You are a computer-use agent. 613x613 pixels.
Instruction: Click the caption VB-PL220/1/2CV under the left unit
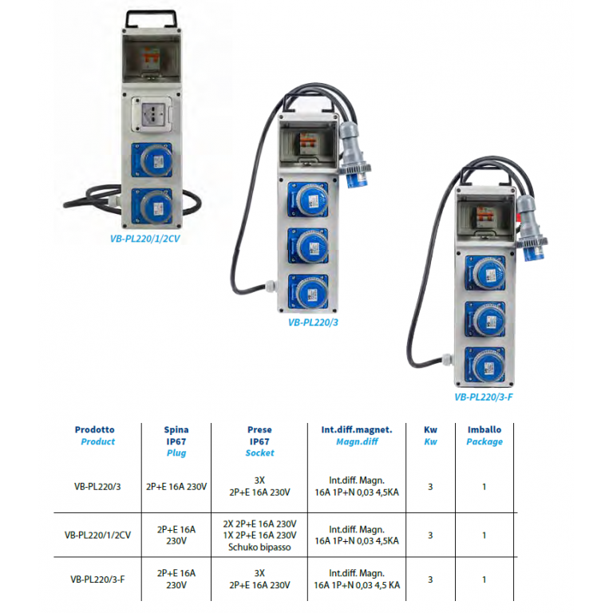[144, 239]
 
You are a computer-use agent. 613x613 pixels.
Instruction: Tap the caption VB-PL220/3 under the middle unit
[313, 322]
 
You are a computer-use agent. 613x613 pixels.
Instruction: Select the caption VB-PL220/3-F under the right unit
[483, 397]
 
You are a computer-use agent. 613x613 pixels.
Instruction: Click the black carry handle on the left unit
[151, 18]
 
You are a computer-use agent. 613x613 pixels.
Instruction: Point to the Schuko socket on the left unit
[152, 115]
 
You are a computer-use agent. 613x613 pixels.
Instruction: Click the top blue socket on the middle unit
[308, 200]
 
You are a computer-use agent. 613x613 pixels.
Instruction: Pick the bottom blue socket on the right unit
[485, 365]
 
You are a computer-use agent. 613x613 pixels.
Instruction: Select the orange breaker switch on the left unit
[151, 57]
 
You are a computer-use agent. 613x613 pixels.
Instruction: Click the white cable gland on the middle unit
[269, 287]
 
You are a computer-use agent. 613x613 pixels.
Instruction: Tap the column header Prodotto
[95, 429]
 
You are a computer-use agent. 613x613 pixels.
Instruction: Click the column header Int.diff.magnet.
[357, 429]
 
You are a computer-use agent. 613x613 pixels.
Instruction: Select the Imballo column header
[484, 429]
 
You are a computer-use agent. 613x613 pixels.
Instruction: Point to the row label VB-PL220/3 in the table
[97, 487]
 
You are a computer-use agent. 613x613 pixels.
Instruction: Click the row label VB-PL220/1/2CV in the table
[97, 536]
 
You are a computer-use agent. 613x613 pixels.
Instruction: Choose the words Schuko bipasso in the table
[259, 548]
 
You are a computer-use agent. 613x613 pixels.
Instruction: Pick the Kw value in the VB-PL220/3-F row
[430, 579]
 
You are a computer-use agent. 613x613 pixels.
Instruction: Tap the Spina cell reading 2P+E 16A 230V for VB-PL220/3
[176, 487]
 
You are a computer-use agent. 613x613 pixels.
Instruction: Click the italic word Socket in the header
[259, 453]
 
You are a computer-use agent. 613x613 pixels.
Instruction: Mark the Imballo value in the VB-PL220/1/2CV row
[484, 536]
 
